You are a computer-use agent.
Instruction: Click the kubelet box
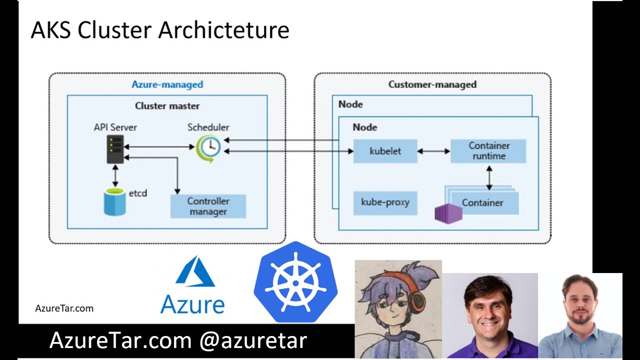[385, 151]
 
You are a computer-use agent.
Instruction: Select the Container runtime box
[488, 151]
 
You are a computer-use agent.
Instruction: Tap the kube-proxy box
[385, 202]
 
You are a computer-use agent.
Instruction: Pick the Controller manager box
[208, 206]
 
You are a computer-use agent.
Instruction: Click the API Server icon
[115, 149]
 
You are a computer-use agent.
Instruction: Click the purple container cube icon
[448, 213]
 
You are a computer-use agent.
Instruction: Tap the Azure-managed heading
[167, 84]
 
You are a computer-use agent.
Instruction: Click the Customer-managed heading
[432, 84]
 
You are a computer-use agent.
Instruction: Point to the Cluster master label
[167, 106]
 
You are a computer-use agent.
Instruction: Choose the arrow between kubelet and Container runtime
[433, 151]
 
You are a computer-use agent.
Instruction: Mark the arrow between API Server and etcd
[115, 176]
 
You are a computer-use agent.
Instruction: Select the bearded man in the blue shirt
[580, 317]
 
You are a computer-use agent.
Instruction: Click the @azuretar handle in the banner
[253, 341]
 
